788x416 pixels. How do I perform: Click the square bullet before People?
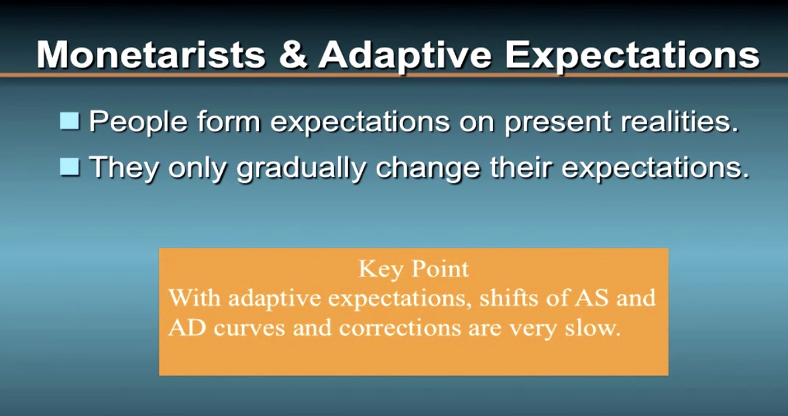pos(69,121)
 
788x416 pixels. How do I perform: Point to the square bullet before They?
pos(69,167)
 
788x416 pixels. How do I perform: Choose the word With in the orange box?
pos(194,298)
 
